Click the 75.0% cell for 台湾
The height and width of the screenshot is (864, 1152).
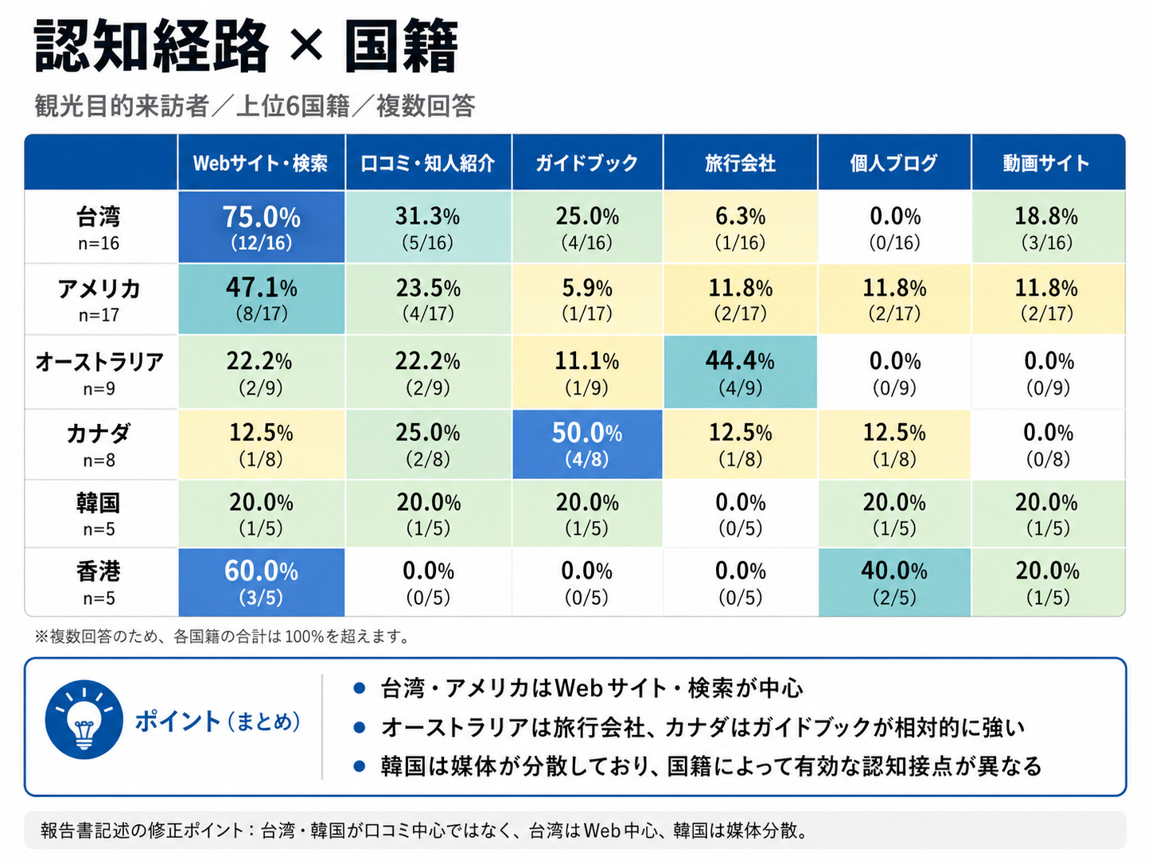(261, 227)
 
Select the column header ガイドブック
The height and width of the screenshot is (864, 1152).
(586, 163)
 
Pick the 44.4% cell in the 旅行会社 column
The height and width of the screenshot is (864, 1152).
(740, 372)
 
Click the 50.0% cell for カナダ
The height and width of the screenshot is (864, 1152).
(586, 444)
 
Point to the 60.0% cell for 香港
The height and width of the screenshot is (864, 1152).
(261, 582)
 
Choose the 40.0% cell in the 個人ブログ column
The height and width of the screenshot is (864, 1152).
(894, 582)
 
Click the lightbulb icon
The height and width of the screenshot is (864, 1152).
(84, 721)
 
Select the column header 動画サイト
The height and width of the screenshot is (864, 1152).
(1047, 163)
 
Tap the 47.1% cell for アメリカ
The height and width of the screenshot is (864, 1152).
(261, 299)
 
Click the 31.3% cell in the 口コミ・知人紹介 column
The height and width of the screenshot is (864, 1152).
(428, 227)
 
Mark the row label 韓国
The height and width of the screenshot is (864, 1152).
(99, 514)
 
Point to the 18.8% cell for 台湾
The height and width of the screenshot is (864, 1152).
(1047, 227)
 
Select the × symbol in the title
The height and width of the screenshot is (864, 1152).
(306, 46)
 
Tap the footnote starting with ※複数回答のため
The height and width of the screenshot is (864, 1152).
(223, 636)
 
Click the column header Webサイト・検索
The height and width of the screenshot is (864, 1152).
(261, 163)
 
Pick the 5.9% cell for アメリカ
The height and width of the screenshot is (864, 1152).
(586, 299)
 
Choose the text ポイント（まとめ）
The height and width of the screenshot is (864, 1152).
(218, 722)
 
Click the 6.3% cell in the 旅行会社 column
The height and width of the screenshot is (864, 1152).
(740, 227)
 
